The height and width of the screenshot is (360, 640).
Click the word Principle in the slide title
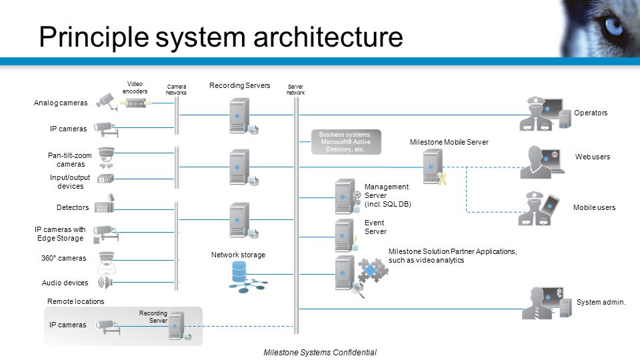point(94,37)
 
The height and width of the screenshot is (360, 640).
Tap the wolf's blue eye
point(613,25)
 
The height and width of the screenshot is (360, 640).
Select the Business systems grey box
point(346,142)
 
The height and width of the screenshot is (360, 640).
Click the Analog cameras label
point(61,103)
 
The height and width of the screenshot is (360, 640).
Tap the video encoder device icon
point(136,103)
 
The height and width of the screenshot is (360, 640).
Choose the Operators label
point(591,113)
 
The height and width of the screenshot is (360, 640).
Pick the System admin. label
point(601,302)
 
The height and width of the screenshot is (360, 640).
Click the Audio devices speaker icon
point(105,282)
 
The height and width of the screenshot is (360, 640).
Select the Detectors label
point(73,207)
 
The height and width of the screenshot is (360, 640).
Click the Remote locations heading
point(75,301)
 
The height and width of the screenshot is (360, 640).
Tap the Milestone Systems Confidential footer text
point(320,352)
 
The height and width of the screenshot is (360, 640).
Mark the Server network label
point(295,89)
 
